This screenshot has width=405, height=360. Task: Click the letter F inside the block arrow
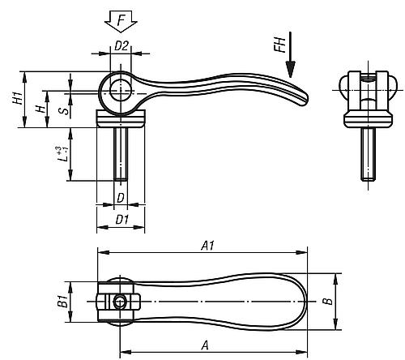pos(122,20)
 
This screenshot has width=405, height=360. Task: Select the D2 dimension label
pos(121,46)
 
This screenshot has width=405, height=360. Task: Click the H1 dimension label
pos(19,98)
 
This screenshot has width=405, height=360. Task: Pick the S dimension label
pos(65,110)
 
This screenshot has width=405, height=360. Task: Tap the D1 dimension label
pos(122,220)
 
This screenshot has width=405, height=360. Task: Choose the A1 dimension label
pos(207,246)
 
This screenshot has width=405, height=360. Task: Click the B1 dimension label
pos(62,302)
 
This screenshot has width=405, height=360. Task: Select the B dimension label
pos(328,302)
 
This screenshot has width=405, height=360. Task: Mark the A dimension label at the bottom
pos(205,345)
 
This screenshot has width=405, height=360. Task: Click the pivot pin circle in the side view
pos(121,91)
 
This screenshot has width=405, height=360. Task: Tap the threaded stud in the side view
pos(121,154)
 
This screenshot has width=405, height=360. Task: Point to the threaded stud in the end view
pos(368,154)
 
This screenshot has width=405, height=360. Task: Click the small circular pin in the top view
pos(119,302)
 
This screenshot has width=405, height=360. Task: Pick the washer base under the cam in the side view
pos(121,118)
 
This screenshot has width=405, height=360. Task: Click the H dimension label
pos(40,109)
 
